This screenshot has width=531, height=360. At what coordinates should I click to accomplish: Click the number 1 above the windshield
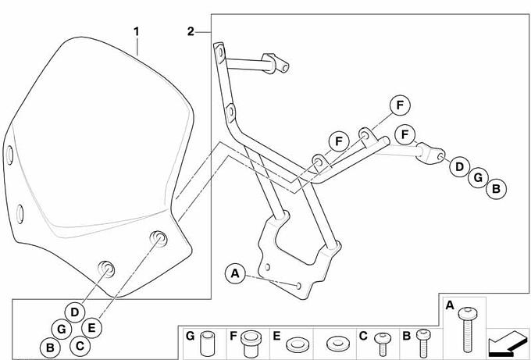(137, 32)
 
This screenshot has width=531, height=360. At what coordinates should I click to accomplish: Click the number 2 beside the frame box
(191, 32)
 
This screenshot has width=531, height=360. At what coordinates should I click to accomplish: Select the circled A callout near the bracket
(235, 273)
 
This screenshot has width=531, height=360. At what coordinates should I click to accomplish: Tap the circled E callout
(91, 328)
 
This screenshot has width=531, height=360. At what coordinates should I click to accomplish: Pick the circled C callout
(80, 346)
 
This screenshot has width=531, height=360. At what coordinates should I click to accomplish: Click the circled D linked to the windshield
(75, 312)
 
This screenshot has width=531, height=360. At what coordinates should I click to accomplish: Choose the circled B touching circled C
(50, 348)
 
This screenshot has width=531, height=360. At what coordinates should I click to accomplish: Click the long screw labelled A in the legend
(468, 330)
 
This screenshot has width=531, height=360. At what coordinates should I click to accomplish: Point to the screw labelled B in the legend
(423, 343)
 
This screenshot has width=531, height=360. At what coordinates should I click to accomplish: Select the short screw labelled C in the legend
(383, 344)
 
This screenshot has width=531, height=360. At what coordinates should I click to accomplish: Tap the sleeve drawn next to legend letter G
(208, 343)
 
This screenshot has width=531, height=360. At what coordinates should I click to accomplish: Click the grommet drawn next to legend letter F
(251, 342)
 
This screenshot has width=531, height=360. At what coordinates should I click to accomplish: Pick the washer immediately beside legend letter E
(297, 344)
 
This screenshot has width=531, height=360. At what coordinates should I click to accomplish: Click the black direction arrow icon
(508, 343)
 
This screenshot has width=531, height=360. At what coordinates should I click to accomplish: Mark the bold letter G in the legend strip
(190, 336)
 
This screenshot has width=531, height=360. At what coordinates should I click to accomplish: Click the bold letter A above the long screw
(449, 305)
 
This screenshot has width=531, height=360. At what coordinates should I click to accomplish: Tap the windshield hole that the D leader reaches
(107, 269)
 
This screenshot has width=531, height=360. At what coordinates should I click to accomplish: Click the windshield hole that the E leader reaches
(159, 238)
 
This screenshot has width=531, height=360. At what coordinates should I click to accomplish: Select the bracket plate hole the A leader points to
(298, 286)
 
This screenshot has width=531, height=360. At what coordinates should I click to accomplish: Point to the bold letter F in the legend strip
(233, 336)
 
